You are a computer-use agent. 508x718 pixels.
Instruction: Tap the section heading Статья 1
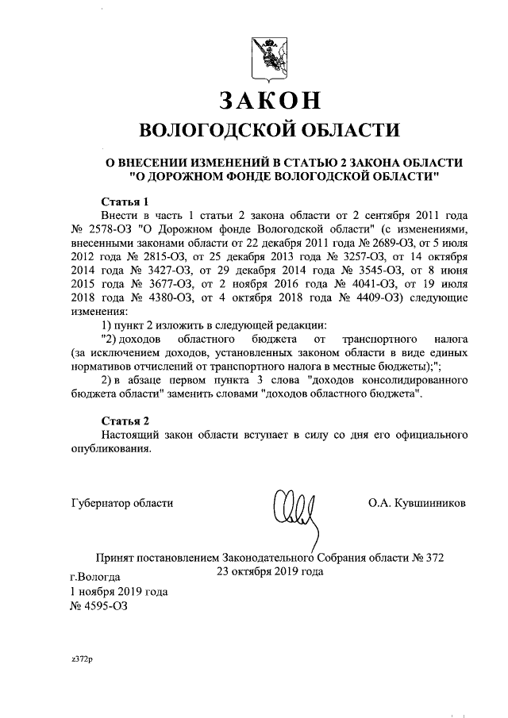125,201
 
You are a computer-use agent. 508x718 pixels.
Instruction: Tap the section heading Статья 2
125,420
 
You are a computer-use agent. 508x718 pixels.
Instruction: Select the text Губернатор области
121,502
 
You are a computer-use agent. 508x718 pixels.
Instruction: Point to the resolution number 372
432,557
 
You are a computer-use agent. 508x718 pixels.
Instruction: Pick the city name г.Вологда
95,577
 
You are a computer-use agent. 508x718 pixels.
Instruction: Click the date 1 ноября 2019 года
118,592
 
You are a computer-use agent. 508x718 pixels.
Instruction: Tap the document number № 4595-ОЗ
98,607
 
